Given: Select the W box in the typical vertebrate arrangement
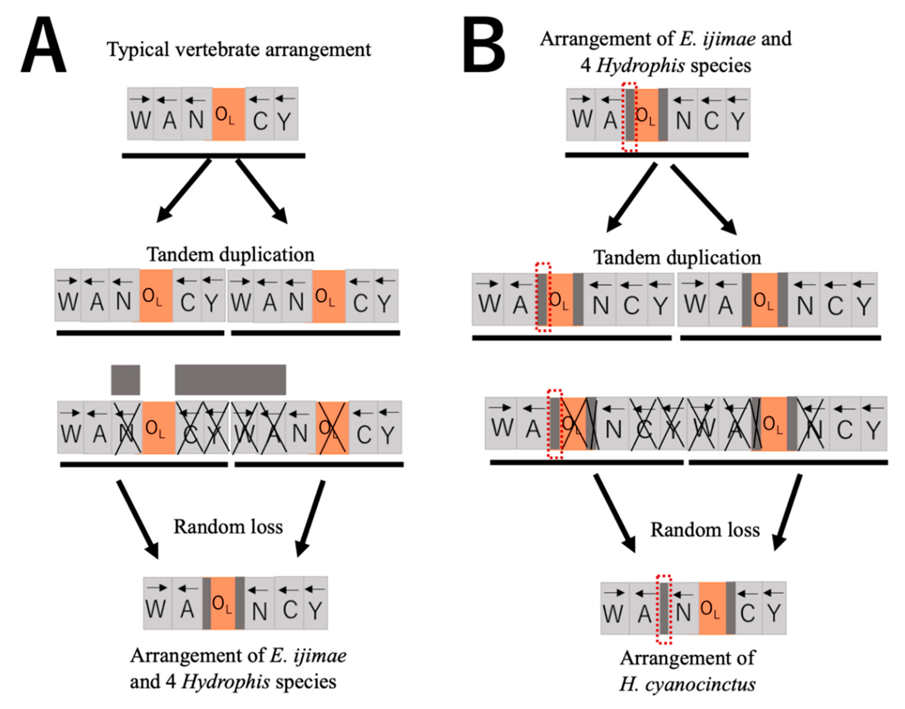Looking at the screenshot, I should pyautogui.click(x=140, y=114).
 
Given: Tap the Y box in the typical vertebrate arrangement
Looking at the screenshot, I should pyautogui.click(x=285, y=114).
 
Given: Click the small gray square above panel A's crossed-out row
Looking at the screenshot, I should pyautogui.click(x=126, y=380).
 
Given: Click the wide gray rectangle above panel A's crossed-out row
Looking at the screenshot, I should pyautogui.click(x=230, y=380).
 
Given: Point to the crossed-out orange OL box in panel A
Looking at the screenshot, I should pyautogui.click(x=332, y=428).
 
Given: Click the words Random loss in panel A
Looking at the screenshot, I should pyautogui.click(x=228, y=527).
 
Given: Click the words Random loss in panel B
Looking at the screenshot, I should pyautogui.click(x=705, y=530).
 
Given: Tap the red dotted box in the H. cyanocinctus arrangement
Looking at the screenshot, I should pyautogui.click(x=664, y=609).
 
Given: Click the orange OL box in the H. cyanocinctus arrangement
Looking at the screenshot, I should pyautogui.click(x=712, y=608).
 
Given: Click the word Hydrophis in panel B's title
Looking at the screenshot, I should pyautogui.click(x=640, y=66).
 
